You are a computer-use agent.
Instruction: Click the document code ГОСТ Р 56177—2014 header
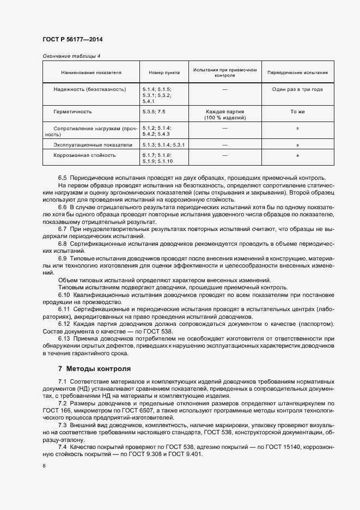72,40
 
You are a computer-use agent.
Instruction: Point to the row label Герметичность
72,112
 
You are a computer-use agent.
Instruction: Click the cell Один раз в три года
298,89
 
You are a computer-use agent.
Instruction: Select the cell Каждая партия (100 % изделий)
225,114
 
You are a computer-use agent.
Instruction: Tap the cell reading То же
298,112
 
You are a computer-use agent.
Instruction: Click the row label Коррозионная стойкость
84,155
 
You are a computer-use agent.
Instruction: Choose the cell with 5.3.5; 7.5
154,112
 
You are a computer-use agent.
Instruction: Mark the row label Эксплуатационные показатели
93,145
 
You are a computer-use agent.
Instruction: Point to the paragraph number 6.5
62,178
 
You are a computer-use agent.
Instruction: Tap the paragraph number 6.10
64,295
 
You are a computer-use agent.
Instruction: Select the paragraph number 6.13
64,338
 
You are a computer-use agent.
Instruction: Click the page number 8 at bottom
44,466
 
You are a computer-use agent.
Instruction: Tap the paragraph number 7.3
62,424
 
